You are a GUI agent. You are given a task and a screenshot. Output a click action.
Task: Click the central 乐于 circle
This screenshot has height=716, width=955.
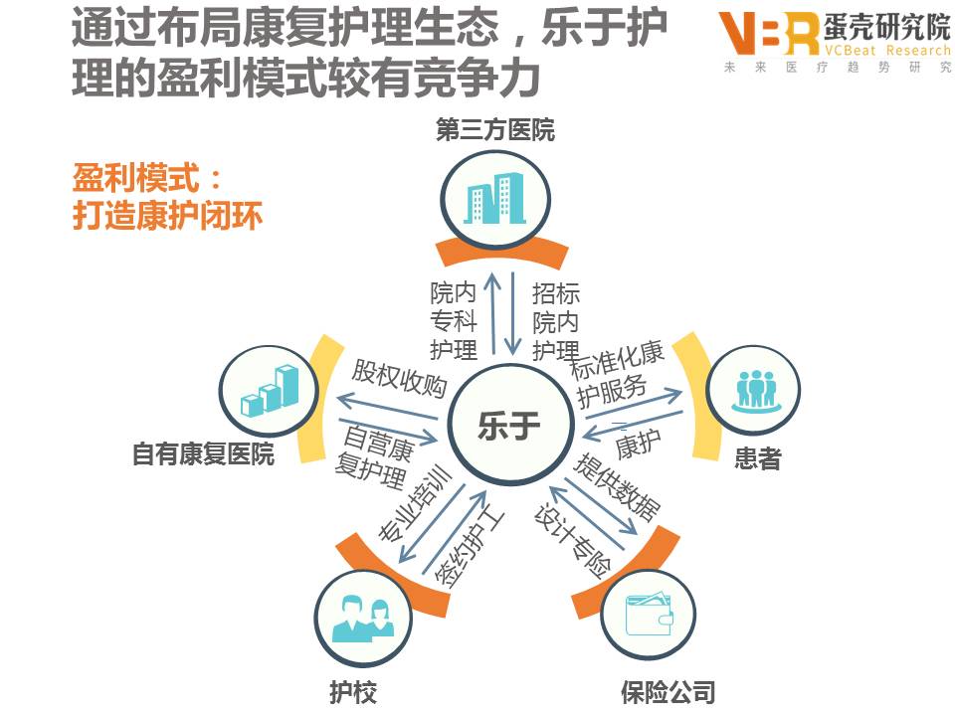tap(509, 428)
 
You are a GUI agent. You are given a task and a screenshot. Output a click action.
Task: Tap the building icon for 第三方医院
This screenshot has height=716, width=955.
tap(495, 199)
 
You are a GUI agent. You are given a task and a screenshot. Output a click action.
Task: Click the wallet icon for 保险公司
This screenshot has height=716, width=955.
tap(648, 614)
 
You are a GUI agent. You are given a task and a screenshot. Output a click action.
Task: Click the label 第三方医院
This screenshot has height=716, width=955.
tap(494, 131)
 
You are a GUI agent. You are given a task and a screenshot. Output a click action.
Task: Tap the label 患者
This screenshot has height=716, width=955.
tap(757, 458)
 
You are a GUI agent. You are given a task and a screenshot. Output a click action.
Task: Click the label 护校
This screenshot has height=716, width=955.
tap(353, 691)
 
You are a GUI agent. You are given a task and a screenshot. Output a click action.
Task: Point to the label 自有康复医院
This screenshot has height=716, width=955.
tap(203, 454)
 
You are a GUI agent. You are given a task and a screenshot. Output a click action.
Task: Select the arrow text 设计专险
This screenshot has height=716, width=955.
tap(571, 542)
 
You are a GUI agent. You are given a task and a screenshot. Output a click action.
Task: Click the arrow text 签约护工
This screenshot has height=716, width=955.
tap(468, 547)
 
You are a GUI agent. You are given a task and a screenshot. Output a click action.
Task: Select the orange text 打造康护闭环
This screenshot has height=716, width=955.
tap(167, 216)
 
